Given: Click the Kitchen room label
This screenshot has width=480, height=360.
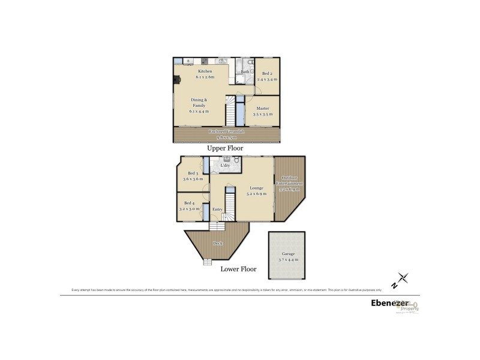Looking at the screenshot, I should coord(201,71).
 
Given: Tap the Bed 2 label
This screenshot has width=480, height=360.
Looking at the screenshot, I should coord(266,73).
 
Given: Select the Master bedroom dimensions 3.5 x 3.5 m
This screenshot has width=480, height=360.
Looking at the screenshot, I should coord(263,114).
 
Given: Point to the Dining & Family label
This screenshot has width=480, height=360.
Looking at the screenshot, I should coord(198,103).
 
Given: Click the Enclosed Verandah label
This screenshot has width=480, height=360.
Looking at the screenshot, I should coord(226,131).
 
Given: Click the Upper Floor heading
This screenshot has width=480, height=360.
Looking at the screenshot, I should coord(225,148).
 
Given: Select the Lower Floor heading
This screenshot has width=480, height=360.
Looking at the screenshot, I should coord(238,269).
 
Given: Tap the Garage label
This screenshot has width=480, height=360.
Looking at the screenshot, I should coord(288,254).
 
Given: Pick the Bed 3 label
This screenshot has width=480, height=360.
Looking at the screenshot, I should coord(193,173).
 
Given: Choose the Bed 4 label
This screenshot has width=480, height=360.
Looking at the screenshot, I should coord(189,203).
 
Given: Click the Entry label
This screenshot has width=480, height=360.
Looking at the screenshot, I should coord(217,209).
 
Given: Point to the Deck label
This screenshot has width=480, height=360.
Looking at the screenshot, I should coord(217,243).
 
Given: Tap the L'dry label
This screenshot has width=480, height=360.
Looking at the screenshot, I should coord(225,166).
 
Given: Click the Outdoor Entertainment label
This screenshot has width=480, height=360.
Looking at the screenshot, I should coord(290,180).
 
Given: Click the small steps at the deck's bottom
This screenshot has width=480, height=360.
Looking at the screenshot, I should coord(208,261).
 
